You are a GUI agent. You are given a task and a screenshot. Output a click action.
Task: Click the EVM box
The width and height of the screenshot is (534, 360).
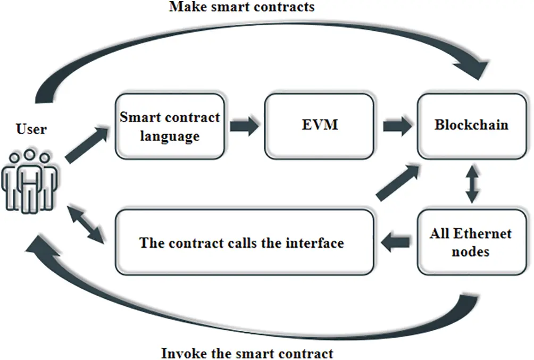coord(318,125)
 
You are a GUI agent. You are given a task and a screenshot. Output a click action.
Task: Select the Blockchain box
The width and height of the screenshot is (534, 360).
coord(471,125)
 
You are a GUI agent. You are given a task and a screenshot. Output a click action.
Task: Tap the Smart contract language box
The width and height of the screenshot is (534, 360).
coord(169,126)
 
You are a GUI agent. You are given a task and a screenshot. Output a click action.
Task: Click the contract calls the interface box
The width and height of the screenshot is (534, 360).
coord(242,242)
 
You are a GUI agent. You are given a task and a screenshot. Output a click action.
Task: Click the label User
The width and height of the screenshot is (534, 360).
coord(31,129)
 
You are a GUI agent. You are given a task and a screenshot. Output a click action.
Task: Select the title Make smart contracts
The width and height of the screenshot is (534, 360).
coord(242,7)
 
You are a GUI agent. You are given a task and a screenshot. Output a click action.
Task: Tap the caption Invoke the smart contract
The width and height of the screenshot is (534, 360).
coord(247,353)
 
